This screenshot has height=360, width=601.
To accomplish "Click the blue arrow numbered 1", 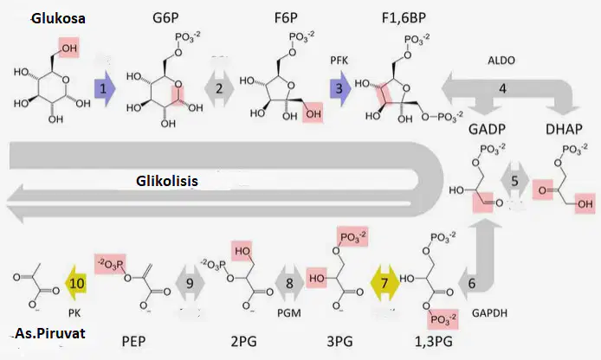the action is tap(105, 89).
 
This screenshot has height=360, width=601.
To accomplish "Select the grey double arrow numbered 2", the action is tap(219, 89).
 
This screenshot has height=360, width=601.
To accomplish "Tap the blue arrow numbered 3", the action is tap(340, 89).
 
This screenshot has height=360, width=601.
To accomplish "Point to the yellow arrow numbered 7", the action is tap(385, 283).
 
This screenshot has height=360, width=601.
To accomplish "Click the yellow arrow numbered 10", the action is tap(76, 283).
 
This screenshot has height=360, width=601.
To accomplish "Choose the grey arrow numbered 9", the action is tap(190, 283).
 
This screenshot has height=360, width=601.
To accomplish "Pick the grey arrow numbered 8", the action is tap(289, 283).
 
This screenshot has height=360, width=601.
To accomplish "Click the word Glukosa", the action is tap(58, 18).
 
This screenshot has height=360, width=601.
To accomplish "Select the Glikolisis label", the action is tap(167, 181).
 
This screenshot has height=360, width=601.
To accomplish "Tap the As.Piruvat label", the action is tap(50, 333).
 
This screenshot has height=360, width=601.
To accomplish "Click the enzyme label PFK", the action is tap(339, 60).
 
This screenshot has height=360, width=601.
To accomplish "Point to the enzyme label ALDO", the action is tap(501, 60).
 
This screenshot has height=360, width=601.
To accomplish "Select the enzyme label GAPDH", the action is tap(489, 313).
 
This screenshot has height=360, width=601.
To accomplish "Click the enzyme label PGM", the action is tap(289, 313).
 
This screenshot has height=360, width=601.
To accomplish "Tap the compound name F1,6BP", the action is tap(404, 18).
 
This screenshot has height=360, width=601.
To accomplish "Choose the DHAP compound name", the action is tap(564, 129).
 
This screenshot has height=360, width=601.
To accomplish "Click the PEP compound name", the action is tap(133, 341).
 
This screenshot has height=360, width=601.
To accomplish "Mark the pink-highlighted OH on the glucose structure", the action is tap(69, 48).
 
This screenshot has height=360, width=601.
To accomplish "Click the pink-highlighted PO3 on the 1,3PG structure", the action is tap(443, 318).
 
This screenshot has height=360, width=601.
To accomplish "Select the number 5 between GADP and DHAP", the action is tap(514, 181).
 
